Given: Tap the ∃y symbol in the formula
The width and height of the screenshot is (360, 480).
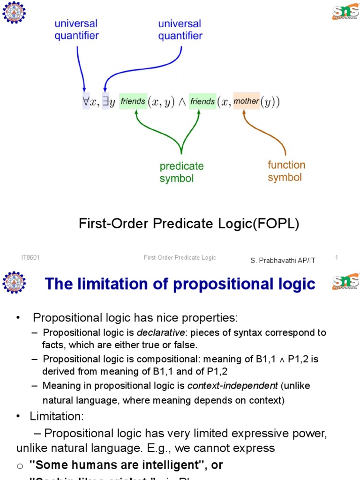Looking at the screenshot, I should point(108,102).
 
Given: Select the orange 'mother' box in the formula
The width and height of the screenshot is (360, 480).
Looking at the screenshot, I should point(246,101).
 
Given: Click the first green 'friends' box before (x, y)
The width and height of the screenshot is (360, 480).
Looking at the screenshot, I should point(133,101).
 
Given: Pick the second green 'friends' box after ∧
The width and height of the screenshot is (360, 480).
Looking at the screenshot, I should point(202,101).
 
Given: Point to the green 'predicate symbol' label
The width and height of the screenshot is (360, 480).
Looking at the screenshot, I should point(181,172).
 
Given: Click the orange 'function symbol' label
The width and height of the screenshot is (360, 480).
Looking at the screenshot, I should point(286,171).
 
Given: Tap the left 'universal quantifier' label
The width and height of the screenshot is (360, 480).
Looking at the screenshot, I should point(77,30).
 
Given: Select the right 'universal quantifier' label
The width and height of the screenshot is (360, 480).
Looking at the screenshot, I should point(180,30).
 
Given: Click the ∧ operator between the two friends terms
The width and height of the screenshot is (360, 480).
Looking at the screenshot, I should point(180,102).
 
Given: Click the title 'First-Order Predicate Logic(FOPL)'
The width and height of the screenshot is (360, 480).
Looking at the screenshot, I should point(189,225).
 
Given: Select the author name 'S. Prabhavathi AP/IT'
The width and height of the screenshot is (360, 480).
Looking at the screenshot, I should point(283,260).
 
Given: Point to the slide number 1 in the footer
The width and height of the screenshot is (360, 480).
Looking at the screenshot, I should point(337,257).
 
